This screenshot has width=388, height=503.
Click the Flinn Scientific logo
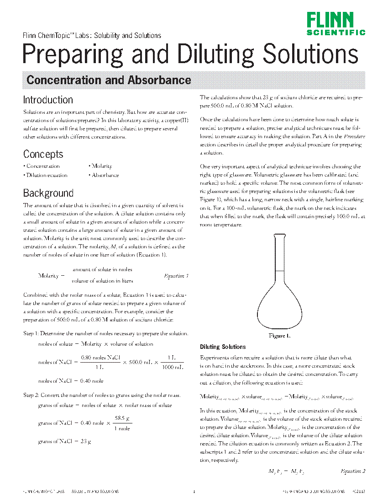[336, 23]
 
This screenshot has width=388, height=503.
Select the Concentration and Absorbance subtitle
[109, 80]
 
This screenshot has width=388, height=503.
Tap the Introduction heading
[48, 100]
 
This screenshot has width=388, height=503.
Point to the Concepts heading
[43, 154]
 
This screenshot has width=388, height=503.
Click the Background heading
[48, 193]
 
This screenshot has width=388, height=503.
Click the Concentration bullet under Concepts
[42, 166]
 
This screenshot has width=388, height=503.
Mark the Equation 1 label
[176, 276]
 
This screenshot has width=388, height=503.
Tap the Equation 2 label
[353, 471]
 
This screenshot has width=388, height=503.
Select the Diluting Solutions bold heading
[223, 347]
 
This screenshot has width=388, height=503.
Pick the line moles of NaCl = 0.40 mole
[71, 381]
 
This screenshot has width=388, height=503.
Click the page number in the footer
[194, 492]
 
